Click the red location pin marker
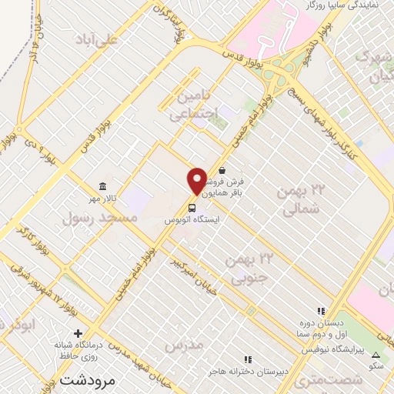pyautogui.click(x=197, y=181)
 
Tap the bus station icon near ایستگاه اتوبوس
pyautogui.click(x=191, y=207)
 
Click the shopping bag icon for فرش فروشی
pyautogui.click(x=222, y=171)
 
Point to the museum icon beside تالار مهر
pyautogui.click(x=102, y=186)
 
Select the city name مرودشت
pyautogui.click(x=86, y=380)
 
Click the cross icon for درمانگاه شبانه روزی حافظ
pyautogui.click(x=78, y=332)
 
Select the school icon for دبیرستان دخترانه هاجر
pyautogui.click(x=247, y=359)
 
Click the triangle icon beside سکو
pyautogui.click(x=376, y=355)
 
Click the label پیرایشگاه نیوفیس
pyautogui.click(x=316, y=350)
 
